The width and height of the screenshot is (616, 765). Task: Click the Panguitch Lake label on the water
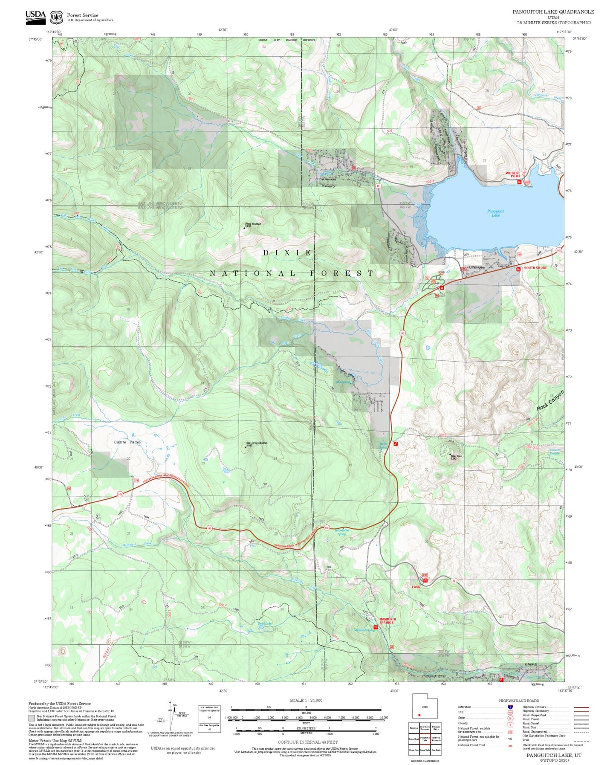(x=495, y=213)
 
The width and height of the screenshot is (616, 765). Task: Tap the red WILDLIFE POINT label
(x=513, y=174)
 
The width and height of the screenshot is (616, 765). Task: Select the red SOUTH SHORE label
(x=535, y=268)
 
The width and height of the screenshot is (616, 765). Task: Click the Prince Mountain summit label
(x=253, y=225)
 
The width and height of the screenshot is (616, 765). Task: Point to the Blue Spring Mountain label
(x=257, y=444)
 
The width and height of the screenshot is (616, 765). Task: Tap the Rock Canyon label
(x=550, y=401)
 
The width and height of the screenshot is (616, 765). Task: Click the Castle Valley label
(x=127, y=442)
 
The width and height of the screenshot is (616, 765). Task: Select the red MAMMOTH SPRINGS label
(x=388, y=621)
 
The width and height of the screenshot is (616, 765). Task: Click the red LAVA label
(x=416, y=587)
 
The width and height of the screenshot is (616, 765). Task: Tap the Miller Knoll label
(x=456, y=457)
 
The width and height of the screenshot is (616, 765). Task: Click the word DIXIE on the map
(x=288, y=253)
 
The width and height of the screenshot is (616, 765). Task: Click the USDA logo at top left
(x=35, y=16)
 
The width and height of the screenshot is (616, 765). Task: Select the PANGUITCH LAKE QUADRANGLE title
(x=553, y=12)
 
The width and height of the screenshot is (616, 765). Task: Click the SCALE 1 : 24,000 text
(x=306, y=700)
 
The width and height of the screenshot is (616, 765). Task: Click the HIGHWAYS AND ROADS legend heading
(x=519, y=701)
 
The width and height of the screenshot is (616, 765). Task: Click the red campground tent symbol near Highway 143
(x=442, y=288)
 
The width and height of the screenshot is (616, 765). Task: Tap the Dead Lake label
(x=264, y=624)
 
